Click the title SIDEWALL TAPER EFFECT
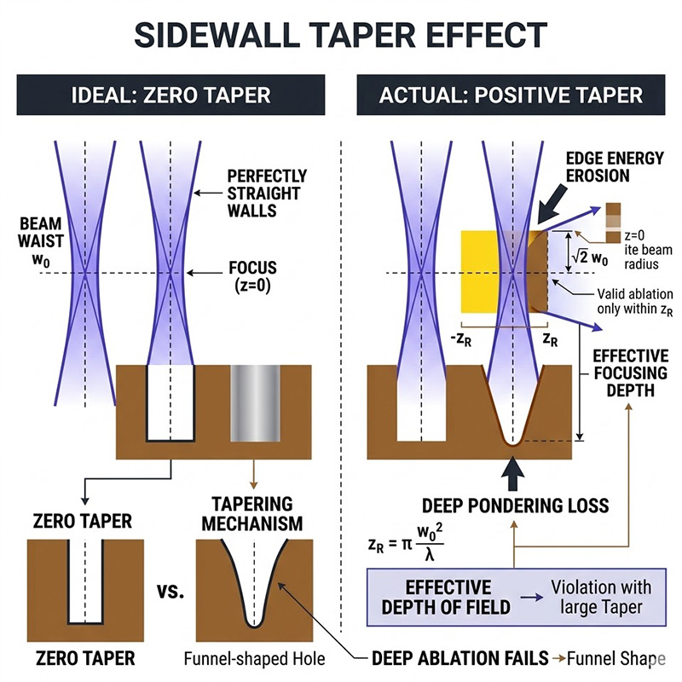(x=341, y=35)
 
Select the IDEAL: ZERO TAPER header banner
(x=170, y=94)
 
